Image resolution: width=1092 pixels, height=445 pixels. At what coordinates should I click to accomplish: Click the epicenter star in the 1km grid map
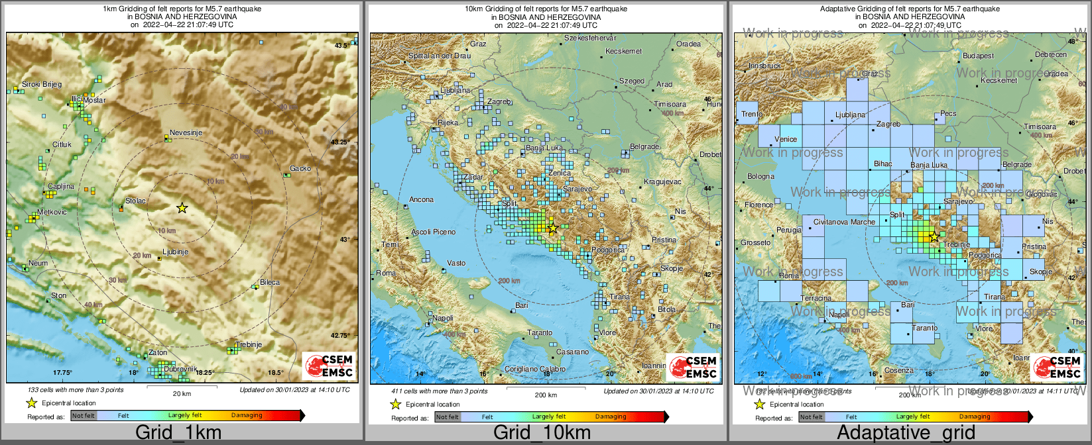[x=182, y=208]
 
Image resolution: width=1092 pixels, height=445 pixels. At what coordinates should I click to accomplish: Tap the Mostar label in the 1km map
[x=95, y=101]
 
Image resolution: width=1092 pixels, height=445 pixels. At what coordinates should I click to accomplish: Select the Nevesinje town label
[x=186, y=132]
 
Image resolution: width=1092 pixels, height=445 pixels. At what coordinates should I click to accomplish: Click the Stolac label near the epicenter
[x=135, y=201]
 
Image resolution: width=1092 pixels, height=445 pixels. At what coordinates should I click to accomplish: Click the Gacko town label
[x=300, y=168]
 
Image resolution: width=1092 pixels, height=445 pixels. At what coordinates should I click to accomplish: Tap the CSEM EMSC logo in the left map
[x=329, y=366]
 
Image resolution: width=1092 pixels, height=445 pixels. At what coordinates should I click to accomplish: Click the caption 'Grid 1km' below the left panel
[x=178, y=433]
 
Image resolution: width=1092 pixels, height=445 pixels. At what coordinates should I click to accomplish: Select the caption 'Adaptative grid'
[x=906, y=433]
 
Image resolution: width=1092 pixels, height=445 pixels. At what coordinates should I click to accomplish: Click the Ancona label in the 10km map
[x=422, y=199]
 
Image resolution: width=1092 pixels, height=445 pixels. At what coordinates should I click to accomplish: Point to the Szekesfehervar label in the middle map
[x=590, y=38]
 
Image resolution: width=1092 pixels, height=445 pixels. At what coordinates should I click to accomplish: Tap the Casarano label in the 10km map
[x=572, y=352]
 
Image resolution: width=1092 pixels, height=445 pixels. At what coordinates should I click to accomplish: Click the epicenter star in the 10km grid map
[x=552, y=228]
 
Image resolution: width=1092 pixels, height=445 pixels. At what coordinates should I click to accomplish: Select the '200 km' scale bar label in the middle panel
[x=546, y=395]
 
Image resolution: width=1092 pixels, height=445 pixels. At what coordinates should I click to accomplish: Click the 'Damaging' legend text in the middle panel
[x=611, y=417]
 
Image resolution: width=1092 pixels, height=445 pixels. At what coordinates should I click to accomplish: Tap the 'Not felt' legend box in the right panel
[x=812, y=417]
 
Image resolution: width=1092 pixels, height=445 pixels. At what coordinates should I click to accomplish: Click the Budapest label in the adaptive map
[x=979, y=56]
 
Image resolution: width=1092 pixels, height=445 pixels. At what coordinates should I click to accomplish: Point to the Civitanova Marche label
[x=844, y=222]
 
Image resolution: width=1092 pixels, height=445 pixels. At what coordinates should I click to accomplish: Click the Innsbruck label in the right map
[x=764, y=66]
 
